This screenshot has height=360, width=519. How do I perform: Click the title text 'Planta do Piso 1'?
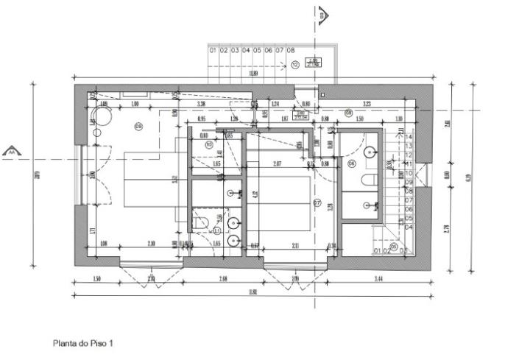[82, 343]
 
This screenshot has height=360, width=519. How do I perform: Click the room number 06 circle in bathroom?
[352, 163]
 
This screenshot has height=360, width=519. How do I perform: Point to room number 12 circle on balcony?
[295, 65]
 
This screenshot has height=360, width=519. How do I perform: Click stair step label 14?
[409, 137]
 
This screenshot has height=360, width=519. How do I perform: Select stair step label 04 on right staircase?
[409, 227]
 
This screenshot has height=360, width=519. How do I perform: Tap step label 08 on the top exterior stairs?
[291, 50]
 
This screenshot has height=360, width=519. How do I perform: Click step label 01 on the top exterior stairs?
[213, 50]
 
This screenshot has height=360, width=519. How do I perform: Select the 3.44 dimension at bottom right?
[378, 280]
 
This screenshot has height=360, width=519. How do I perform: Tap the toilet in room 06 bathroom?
[370, 180]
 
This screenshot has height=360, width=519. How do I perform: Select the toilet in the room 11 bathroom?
[202, 222]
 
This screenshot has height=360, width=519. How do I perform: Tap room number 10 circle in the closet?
[210, 146]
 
